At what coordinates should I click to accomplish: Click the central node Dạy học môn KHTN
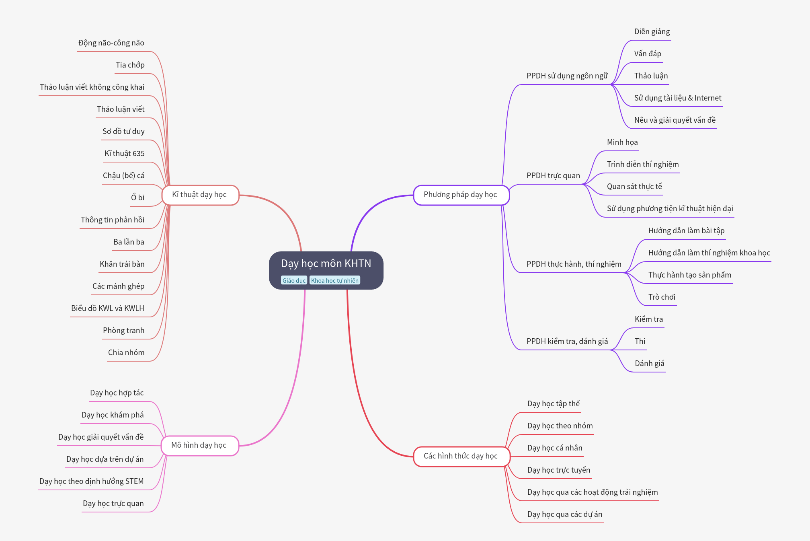(326, 270)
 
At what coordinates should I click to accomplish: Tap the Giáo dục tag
(294, 280)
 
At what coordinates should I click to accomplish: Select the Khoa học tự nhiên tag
(335, 280)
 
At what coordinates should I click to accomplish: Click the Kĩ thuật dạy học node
(200, 195)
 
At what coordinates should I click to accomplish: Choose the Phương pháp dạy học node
(461, 195)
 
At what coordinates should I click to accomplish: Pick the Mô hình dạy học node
(200, 446)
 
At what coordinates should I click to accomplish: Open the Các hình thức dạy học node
(461, 457)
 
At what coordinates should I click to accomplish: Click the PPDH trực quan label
(553, 176)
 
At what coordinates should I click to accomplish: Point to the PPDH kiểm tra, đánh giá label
(567, 341)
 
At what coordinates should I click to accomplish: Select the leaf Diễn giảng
(652, 32)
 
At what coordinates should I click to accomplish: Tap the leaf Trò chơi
(662, 297)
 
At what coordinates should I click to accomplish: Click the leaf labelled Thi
(640, 341)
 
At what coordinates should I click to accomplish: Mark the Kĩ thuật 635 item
(125, 154)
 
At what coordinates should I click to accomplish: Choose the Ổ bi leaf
(137, 197)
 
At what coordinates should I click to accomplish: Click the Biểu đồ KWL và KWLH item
(108, 309)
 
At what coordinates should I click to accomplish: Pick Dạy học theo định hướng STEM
(92, 481)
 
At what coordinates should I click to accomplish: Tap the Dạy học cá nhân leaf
(555, 448)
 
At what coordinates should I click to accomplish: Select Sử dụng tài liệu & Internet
(678, 98)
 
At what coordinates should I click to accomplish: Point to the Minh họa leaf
(622, 142)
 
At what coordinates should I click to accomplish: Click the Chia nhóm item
(126, 353)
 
